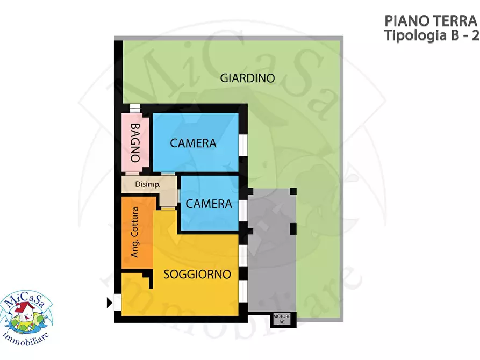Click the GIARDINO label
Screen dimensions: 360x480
click(x=247, y=78)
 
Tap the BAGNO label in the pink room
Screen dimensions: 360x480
click(x=135, y=143)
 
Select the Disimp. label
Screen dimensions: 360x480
click(x=148, y=185)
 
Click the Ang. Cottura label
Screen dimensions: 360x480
click(x=135, y=232)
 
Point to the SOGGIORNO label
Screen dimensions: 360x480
click(x=197, y=274)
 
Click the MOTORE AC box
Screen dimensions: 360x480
click(x=282, y=319)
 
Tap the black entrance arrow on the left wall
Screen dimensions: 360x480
click(x=110, y=303)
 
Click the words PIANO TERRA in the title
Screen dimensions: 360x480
click(x=431, y=21)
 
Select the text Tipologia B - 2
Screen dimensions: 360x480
click(x=431, y=35)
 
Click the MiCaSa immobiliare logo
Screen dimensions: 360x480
click(x=26, y=313)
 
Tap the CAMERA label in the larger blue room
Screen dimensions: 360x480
click(x=193, y=143)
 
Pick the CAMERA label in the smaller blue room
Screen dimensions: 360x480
click(x=209, y=204)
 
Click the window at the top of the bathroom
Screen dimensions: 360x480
click(x=135, y=107)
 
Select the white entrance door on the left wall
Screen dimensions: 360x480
click(x=117, y=303)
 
